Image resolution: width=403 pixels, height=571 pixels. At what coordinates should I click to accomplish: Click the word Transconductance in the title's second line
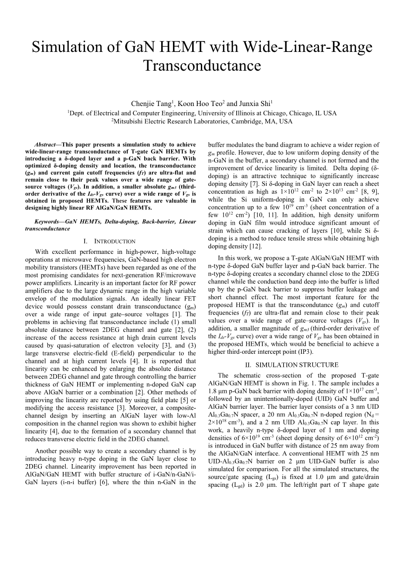202,66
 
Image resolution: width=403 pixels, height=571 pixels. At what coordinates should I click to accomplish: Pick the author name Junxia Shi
254,104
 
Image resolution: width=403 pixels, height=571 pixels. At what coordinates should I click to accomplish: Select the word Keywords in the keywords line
47,222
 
